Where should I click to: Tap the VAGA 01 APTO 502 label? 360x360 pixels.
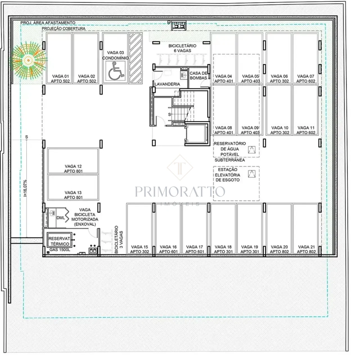[60, 79]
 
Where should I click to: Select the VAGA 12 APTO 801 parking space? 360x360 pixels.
[73, 161]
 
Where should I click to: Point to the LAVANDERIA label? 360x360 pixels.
[167, 84]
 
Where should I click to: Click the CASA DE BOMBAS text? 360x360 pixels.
[199, 76]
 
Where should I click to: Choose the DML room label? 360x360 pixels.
[60, 218]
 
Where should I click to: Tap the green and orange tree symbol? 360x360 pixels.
[28, 60]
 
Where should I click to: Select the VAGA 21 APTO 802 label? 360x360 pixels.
[306, 249]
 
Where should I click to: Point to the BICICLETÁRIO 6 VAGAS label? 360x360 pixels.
[182, 48]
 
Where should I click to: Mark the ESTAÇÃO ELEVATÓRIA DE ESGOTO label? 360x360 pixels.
[228, 175]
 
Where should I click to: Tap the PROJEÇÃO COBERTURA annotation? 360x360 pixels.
[64, 29]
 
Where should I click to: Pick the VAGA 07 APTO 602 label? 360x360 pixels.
[306, 79]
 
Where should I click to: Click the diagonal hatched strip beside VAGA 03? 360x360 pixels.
[136, 58]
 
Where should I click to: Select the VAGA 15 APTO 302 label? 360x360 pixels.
[139, 249]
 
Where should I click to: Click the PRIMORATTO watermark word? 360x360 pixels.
[180, 192]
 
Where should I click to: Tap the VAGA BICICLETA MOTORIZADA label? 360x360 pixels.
[85, 217]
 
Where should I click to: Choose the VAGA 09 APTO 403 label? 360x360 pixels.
[250, 130]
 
